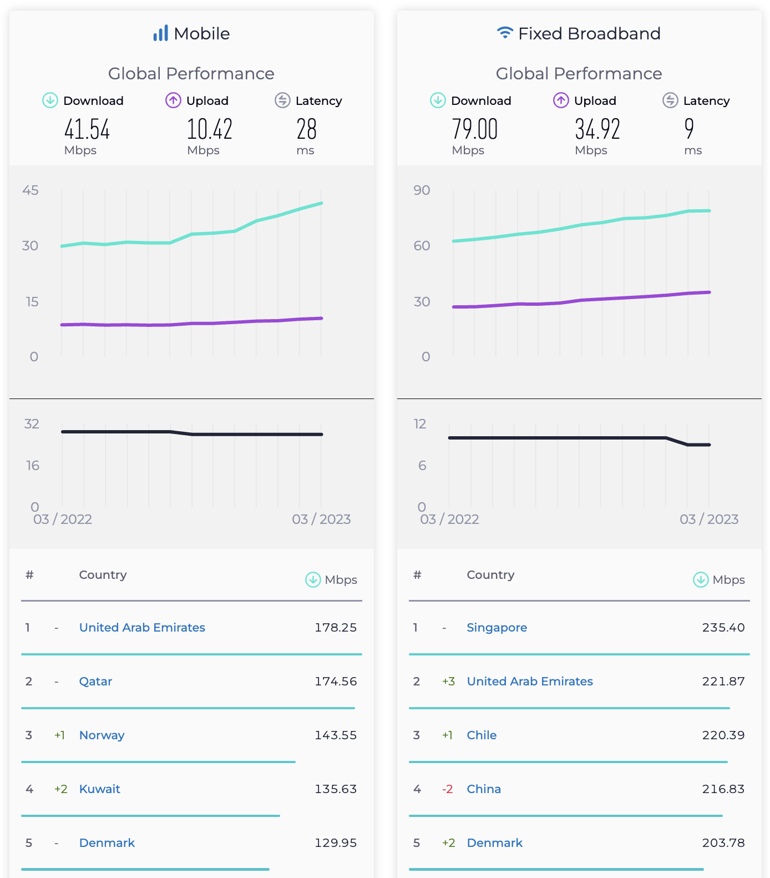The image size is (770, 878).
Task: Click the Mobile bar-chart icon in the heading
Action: click(160, 33)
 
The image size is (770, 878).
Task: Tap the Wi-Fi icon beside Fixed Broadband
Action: click(504, 33)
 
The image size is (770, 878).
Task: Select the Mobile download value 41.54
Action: click(87, 129)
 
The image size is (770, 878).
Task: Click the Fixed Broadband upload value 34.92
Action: click(597, 129)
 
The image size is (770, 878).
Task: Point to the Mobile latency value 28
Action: click(306, 129)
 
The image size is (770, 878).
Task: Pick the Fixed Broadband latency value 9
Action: click(689, 129)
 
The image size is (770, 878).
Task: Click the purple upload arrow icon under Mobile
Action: click(173, 100)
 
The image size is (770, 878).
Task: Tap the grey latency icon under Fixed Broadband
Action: click(670, 100)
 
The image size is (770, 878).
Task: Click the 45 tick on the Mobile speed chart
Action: click(31, 190)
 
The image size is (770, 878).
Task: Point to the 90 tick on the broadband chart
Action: click(422, 190)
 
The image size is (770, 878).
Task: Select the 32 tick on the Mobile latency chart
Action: click(32, 424)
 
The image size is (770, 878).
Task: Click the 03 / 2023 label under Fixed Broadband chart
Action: click(709, 519)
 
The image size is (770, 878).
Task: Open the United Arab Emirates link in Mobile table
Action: click(142, 628)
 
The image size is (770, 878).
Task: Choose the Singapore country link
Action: click(497, 628)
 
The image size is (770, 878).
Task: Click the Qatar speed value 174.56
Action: click(336, 682)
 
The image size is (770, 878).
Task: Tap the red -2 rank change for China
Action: click(447, 789)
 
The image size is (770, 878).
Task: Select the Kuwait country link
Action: click(100, 789)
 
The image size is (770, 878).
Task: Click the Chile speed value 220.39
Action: click(723, 735)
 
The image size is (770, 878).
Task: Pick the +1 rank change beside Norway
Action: click(59, 735)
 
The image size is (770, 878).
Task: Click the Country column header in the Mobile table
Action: click(103, 575)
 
